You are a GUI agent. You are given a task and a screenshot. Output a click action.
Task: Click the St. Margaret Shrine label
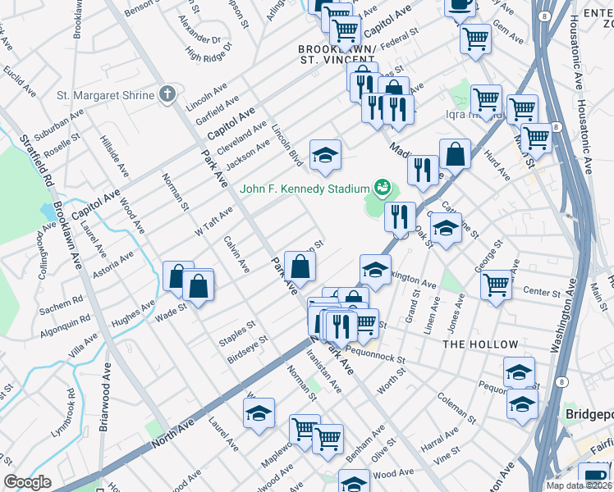[105, 95]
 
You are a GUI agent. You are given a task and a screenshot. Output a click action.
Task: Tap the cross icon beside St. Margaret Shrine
[167, 94]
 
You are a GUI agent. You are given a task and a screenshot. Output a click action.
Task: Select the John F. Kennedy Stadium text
[305, 189]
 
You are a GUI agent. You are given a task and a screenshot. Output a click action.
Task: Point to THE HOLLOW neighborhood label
[480, 344]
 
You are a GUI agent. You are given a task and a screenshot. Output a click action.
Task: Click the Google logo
[26, 482]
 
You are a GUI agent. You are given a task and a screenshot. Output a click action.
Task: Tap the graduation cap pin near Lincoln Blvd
[325, 155]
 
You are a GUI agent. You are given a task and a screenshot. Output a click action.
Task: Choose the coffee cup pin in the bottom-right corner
[593, 476]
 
